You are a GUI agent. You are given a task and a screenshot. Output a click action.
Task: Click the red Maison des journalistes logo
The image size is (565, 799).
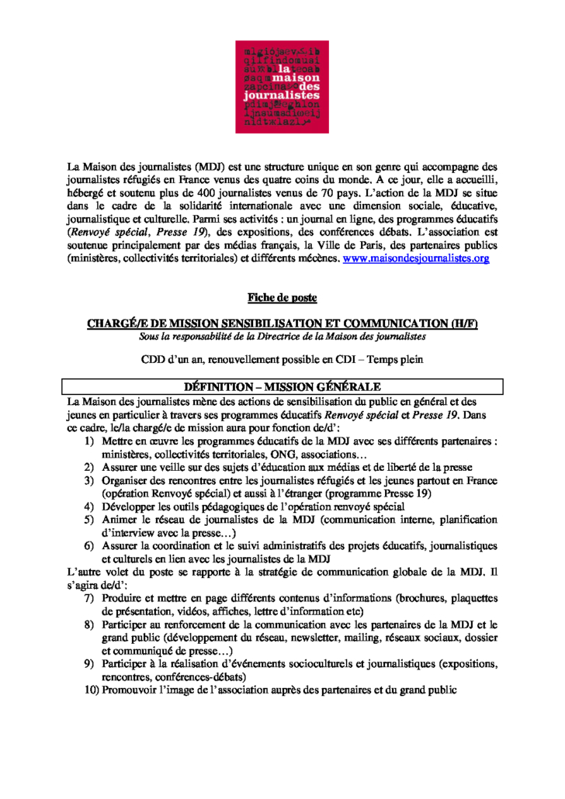coord(282,87)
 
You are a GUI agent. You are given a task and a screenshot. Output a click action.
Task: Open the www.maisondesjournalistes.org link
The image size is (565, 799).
coord(416,258)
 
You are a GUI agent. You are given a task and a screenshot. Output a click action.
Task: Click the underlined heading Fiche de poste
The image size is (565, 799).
coord(282,297)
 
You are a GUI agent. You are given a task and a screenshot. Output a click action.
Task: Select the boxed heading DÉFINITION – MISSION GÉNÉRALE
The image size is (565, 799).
coord(282,386)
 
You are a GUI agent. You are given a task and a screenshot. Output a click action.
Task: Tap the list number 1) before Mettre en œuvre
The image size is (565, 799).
coord(89,440)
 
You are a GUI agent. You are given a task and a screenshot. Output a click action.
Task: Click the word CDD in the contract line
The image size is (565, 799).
coord(154,359)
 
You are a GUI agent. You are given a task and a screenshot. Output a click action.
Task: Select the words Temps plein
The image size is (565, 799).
coord(395,359)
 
